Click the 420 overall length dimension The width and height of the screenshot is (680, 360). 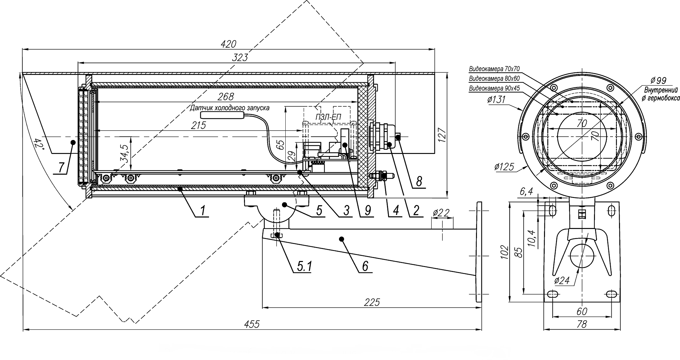coord(228,44)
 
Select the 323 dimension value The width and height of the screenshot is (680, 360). coord(240,58)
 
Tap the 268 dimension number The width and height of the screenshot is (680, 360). coord(226,97)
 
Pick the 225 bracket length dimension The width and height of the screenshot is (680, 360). coord(372,302)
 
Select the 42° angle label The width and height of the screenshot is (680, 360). coord(39,144)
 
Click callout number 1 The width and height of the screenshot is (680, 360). coord(202,211)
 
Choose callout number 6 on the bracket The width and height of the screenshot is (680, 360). coord(365,266)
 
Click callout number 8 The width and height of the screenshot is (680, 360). coord(419,182)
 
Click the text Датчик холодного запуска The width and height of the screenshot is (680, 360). coord(229,108)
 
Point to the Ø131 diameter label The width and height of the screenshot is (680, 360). coord(496,100)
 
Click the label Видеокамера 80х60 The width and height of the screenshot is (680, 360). coord(494,79)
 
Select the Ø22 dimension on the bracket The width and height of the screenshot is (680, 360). coord(441,212)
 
